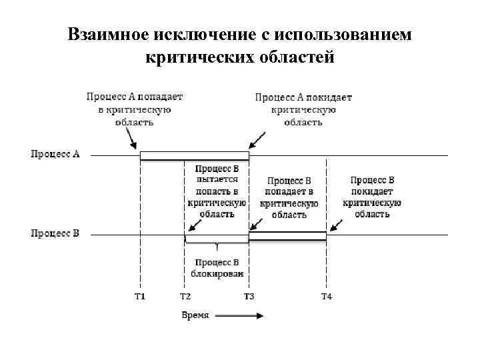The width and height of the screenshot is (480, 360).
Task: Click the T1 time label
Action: coord(139,295)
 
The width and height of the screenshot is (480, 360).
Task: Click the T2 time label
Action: coord(185,295)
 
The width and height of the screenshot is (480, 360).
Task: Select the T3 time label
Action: coord(249,295)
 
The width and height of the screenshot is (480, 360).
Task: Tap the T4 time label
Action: coord(326,295)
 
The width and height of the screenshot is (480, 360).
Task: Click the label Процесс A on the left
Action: coord(55,155)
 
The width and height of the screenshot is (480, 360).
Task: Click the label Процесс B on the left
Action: coord(55,234)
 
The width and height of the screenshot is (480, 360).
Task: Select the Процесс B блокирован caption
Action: coord(217,268)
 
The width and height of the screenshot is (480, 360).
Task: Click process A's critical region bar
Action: coord(194,156)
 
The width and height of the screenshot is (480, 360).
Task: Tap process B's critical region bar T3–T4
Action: coord(287,235)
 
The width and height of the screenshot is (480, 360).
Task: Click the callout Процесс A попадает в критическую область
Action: coord(134,109)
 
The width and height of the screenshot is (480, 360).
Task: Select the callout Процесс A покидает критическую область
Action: coord(303,109)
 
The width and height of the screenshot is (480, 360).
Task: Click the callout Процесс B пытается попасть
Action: coord(217,191)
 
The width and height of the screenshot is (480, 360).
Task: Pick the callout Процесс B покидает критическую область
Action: coord(372,197)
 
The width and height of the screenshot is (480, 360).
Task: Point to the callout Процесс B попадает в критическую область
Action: coord(289,197)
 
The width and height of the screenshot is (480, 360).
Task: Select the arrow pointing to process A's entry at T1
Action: coord(131,141)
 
